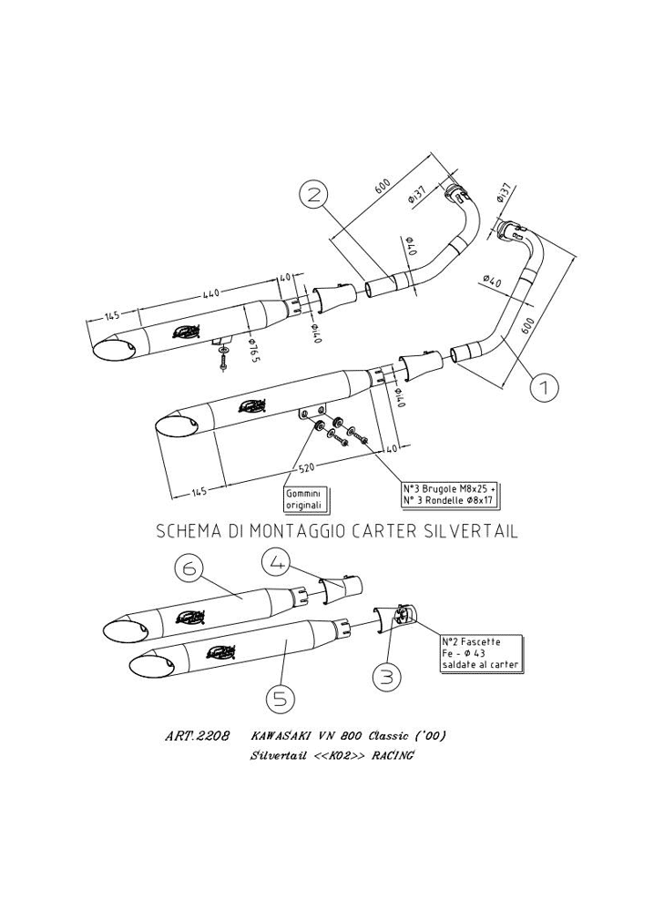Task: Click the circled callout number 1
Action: (544, 388)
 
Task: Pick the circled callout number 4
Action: (277, 563)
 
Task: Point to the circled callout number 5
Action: (279, 699)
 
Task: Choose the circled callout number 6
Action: (189, 568)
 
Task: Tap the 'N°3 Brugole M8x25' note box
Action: (450, 493)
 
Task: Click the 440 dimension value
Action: (210, 293)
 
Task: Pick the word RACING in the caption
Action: (393, 757)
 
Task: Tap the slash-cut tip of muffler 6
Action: (117, 630)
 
